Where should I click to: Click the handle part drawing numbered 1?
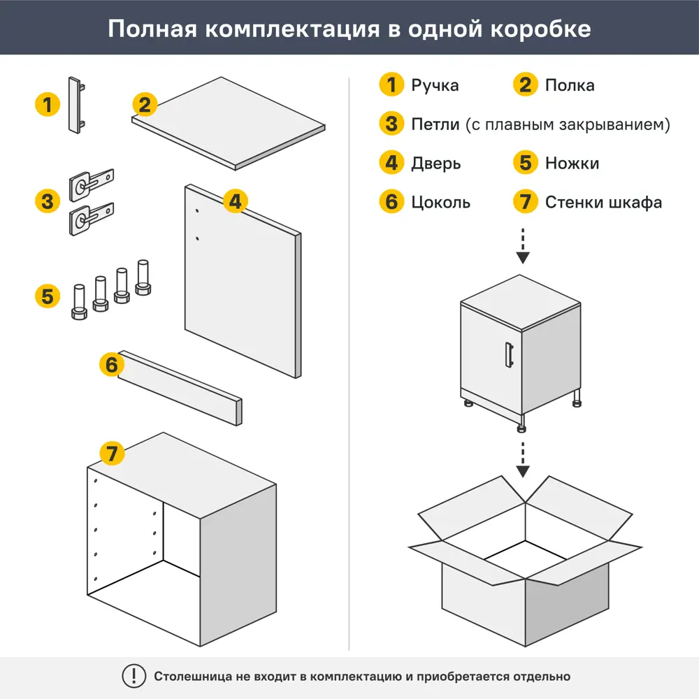click(76, 104)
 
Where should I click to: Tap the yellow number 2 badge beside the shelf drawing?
click(144, 105)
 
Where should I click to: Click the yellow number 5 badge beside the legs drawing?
click(47, 296)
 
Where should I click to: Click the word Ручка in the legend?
click(435, 85)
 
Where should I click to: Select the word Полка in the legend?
click(570, 85)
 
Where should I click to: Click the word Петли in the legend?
click(435, 124)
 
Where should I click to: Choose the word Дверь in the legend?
click(436, 164)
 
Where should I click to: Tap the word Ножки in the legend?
click(572, 164)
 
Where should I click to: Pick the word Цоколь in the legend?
click(440, 203)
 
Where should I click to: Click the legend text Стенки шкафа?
click(603, 203)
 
